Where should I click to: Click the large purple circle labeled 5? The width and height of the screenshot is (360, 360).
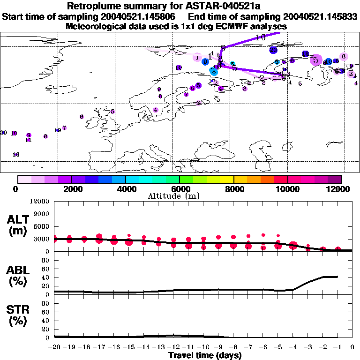pyautogui.click(x=316, y=60)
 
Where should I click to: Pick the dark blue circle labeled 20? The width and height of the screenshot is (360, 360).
pyautogui.click(x=273, y=50)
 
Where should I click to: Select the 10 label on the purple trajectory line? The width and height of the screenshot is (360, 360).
pyautogui.click(x=261, y=37)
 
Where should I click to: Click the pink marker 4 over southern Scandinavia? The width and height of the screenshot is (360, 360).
pyautogui.click(x=156, y=110)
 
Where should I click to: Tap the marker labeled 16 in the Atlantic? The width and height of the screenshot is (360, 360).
pyautogui.click(x=16, y=154)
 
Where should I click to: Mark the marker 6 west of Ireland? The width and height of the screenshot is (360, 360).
pyautogui.click(x=82, y=117)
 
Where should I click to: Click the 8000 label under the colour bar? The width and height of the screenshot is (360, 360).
pyautogui.click(x=233, y=189)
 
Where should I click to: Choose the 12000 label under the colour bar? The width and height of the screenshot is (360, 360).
pyautogui.click(x=339, y=189)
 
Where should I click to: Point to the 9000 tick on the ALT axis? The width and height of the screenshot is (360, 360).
pyautogui.click(x=43, y=214)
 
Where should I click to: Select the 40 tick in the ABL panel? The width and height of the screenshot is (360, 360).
pyautogui.click(x=45, y=277)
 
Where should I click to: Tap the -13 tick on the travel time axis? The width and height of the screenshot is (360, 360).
pyautogui.click(x=158, y=347)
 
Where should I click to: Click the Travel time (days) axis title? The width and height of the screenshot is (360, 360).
pyautogui.click(x=205, y=355)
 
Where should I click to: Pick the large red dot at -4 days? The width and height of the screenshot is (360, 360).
pyautogui.click(x=293, y=245)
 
